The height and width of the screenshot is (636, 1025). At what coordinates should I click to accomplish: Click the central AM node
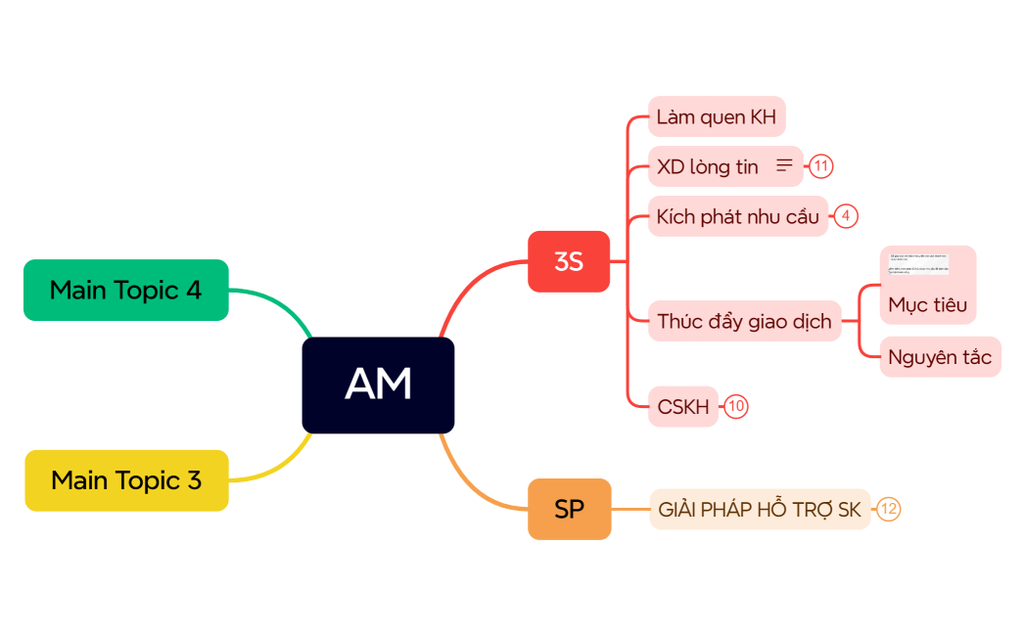[x=378, y=385]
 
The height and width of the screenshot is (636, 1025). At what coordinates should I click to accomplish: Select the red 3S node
[x=569, y=261]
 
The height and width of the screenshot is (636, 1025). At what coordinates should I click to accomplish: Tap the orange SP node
[x=569, y=509]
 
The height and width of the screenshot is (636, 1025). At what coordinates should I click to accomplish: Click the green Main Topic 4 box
[x=125, y=290]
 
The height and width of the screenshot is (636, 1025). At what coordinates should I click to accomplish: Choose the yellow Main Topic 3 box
[x=126, y=480]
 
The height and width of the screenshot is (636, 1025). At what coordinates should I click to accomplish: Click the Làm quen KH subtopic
[x=716, y=117]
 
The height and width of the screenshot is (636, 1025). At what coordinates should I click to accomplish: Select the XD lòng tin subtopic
[x=708, y=167]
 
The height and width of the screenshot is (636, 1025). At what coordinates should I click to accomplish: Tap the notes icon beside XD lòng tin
[x=784, y=166]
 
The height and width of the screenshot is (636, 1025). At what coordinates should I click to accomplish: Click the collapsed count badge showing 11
[x=821, y=166]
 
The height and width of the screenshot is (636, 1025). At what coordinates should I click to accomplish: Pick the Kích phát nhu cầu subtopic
[x=737, y=216]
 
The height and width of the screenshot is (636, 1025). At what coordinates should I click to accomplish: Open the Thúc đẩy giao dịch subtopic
[x=744, y=321]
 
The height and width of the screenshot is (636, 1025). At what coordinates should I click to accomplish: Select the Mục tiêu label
[x=927, y=304]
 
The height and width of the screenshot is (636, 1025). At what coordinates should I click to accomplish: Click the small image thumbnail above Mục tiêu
[x=918, y=264]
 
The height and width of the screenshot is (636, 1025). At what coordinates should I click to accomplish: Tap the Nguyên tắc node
[x=940, y=357]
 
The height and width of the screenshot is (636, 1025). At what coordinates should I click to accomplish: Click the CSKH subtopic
[x=683, y=407]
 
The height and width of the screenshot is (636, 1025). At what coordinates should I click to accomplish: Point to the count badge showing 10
[x=737, y=407]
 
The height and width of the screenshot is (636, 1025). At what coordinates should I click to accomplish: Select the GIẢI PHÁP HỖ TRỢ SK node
[x=760, y=510]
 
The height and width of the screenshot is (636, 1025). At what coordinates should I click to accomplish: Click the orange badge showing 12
[x=888, y=509]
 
